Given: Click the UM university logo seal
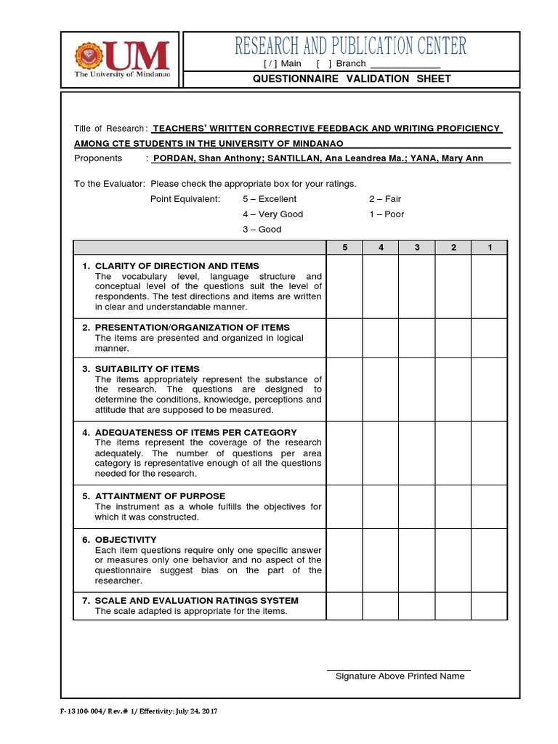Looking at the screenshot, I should (x=89, y=56).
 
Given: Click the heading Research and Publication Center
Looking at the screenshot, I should (x=351, y=46).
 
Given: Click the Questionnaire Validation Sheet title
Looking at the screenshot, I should (x=351, y=78).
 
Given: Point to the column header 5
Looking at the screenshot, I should (x=345, y=248).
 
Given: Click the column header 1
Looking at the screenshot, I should (x=490, y=248).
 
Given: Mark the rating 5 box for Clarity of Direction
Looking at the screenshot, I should (x=345, y=286).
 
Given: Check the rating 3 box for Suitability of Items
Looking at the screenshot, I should (x=417, y=389).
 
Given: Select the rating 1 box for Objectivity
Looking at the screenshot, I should (x=490, y=559).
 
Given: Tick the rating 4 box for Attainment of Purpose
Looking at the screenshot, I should (x=381, y=506).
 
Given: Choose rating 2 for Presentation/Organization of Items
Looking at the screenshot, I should (x=453, y=337).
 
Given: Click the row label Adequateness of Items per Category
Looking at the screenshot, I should (x=196, y=432).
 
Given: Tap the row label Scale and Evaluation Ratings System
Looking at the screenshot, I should (x=197, y=600).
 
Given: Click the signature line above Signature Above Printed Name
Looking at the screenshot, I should (x=398, y=668).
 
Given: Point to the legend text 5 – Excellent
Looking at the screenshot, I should (x=270, y=198).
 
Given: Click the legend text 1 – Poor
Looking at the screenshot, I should (x=386, y=214).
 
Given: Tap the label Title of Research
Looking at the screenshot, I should (x=109, y=129).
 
